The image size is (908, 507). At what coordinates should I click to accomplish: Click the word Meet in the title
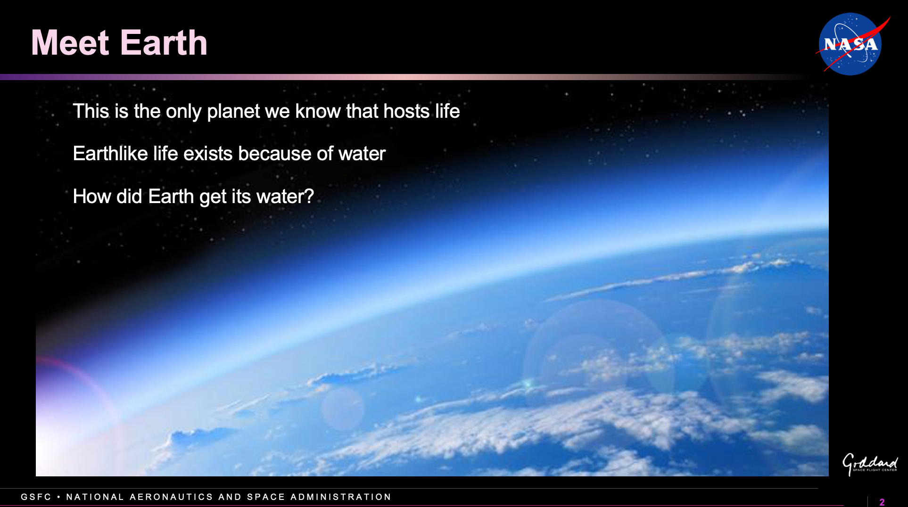(x=70, y=43)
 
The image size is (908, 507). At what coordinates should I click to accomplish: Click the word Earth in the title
(x=164, y=43)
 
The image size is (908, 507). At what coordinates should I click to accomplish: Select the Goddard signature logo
(x=870, y=464)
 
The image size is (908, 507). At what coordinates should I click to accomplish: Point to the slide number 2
(x=882, y=502)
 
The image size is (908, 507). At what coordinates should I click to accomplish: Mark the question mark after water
(x=309, y=196)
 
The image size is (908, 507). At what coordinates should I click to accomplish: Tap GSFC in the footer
(x=36, y=497)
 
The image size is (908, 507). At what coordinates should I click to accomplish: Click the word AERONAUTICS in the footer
(x=172, y=497)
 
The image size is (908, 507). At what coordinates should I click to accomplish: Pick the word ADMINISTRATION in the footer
(x=341, y=497)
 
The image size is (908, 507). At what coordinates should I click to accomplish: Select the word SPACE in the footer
(x=266, y=497)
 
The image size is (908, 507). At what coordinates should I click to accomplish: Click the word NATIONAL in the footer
(x=95, y=497)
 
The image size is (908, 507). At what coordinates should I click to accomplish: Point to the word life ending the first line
(x=447, y=111)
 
